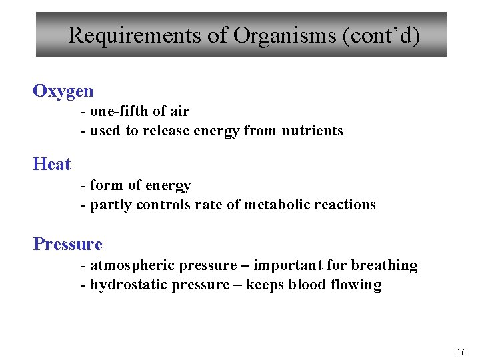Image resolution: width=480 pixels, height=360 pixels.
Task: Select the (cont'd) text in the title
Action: click(x=381, y=35)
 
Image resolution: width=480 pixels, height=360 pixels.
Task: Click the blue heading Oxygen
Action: click(x=63, y=91)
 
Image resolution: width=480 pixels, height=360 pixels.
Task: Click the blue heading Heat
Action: click(x=51, y=163)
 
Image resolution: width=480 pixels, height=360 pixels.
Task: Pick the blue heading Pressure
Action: click(x=68, y=244)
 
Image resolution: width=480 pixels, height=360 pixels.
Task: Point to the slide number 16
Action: click(x=461, y=352)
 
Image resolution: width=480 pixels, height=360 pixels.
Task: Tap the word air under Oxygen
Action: click(x=178, y=111)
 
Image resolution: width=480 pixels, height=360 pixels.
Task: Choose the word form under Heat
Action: click(x=105, y=185)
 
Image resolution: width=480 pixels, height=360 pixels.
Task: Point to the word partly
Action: click(x=111, y=205)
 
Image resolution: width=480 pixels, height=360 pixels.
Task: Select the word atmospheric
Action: click(x=127, y=265)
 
